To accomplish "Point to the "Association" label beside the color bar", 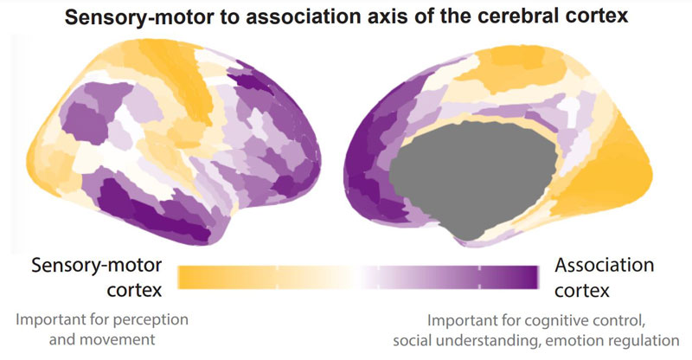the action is point(604,265).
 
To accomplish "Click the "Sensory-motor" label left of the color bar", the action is point(97,266).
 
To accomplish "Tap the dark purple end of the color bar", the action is point(529,278).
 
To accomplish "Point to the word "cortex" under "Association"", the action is point(581,291).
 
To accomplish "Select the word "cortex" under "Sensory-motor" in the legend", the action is point(135,291).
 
